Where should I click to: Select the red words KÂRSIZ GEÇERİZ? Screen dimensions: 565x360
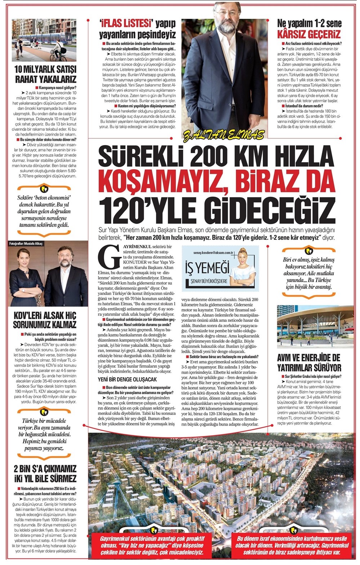tap(308, 35)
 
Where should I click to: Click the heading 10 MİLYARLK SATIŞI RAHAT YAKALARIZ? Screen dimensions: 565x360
tap(45, 74)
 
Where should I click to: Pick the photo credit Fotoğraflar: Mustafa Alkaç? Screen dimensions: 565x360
tap(26, 244)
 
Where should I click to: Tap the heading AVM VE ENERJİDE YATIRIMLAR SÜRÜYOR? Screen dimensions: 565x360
tap(309, 362)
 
